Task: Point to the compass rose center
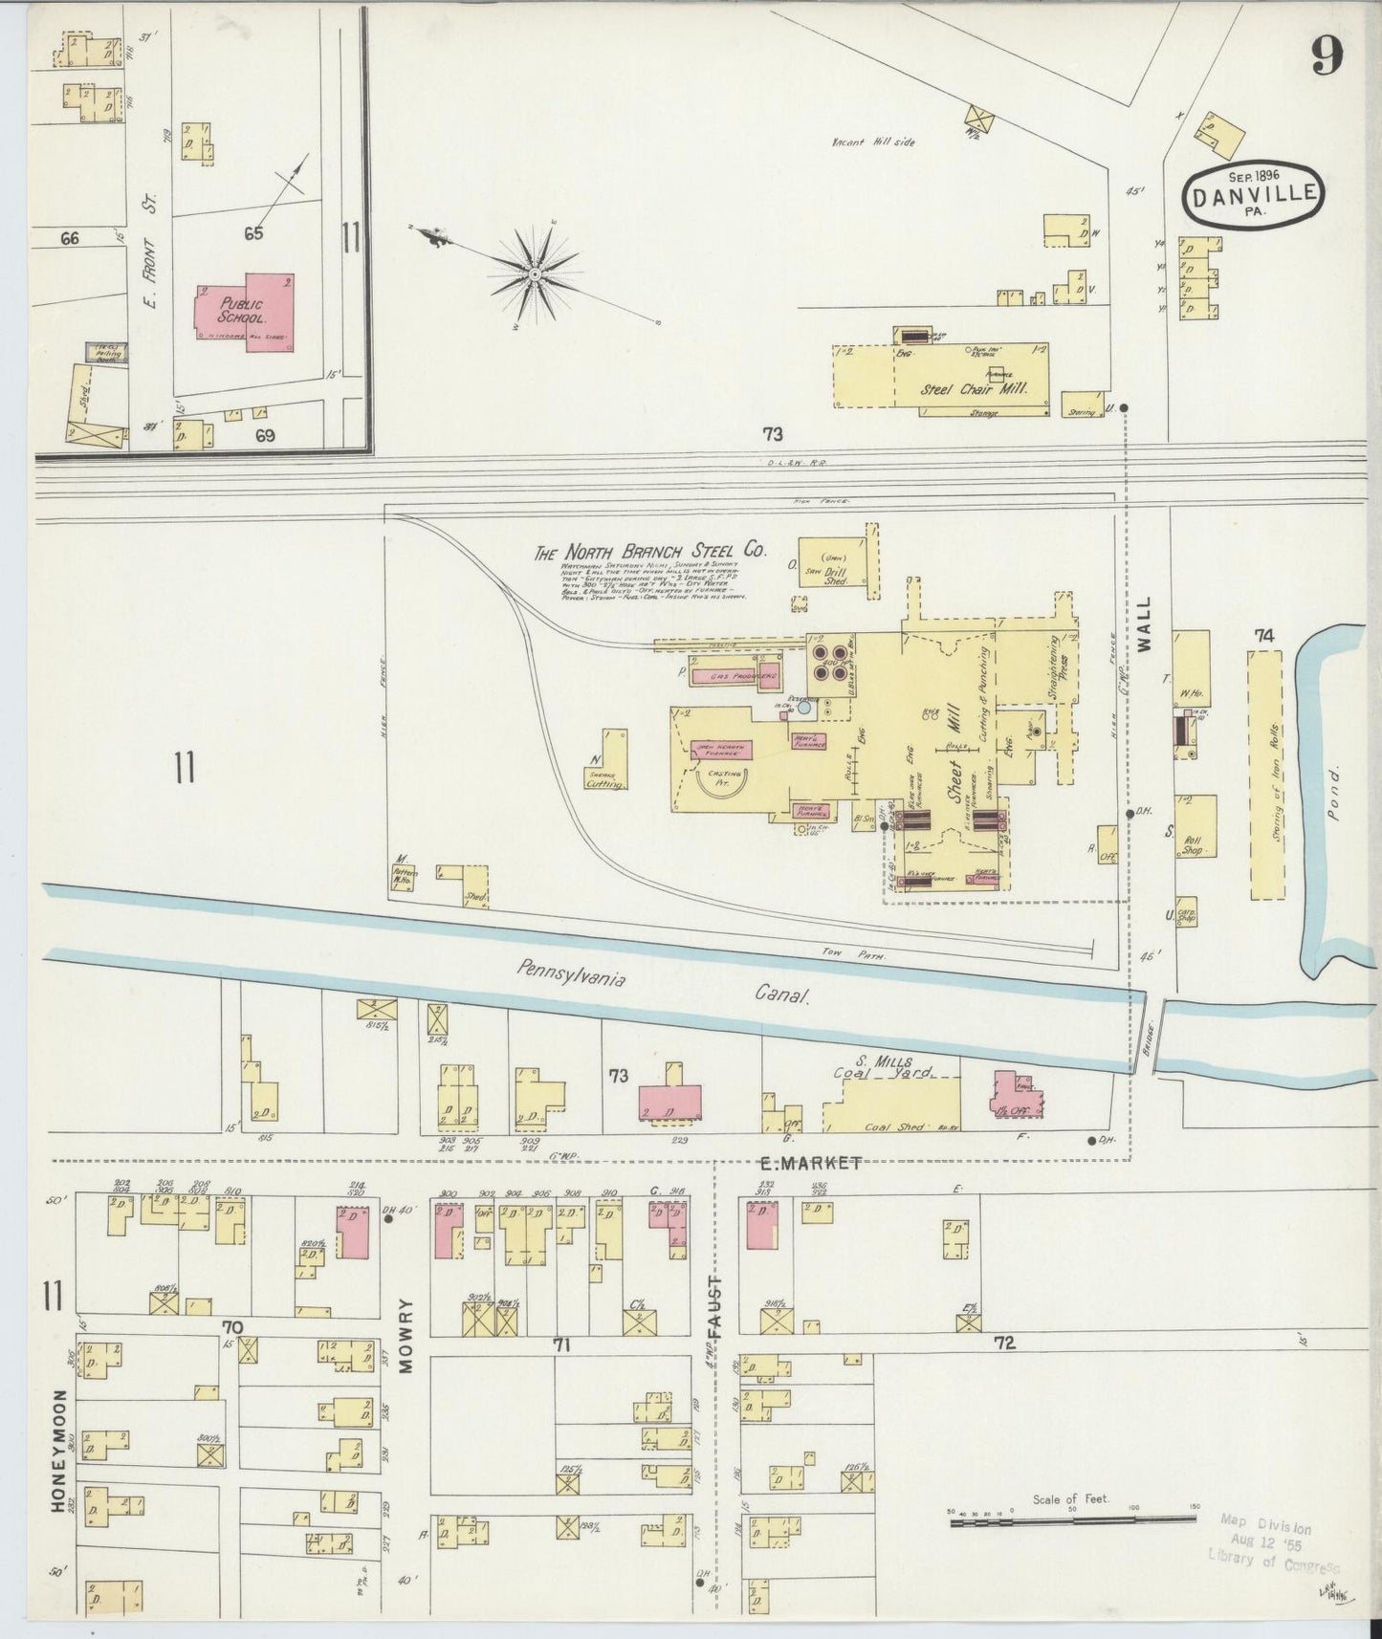point(532,275)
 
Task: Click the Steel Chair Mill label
point(974,389)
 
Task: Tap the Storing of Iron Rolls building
point(1266,775)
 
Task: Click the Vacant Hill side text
point(872,142)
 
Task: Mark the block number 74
point(1264,636)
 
